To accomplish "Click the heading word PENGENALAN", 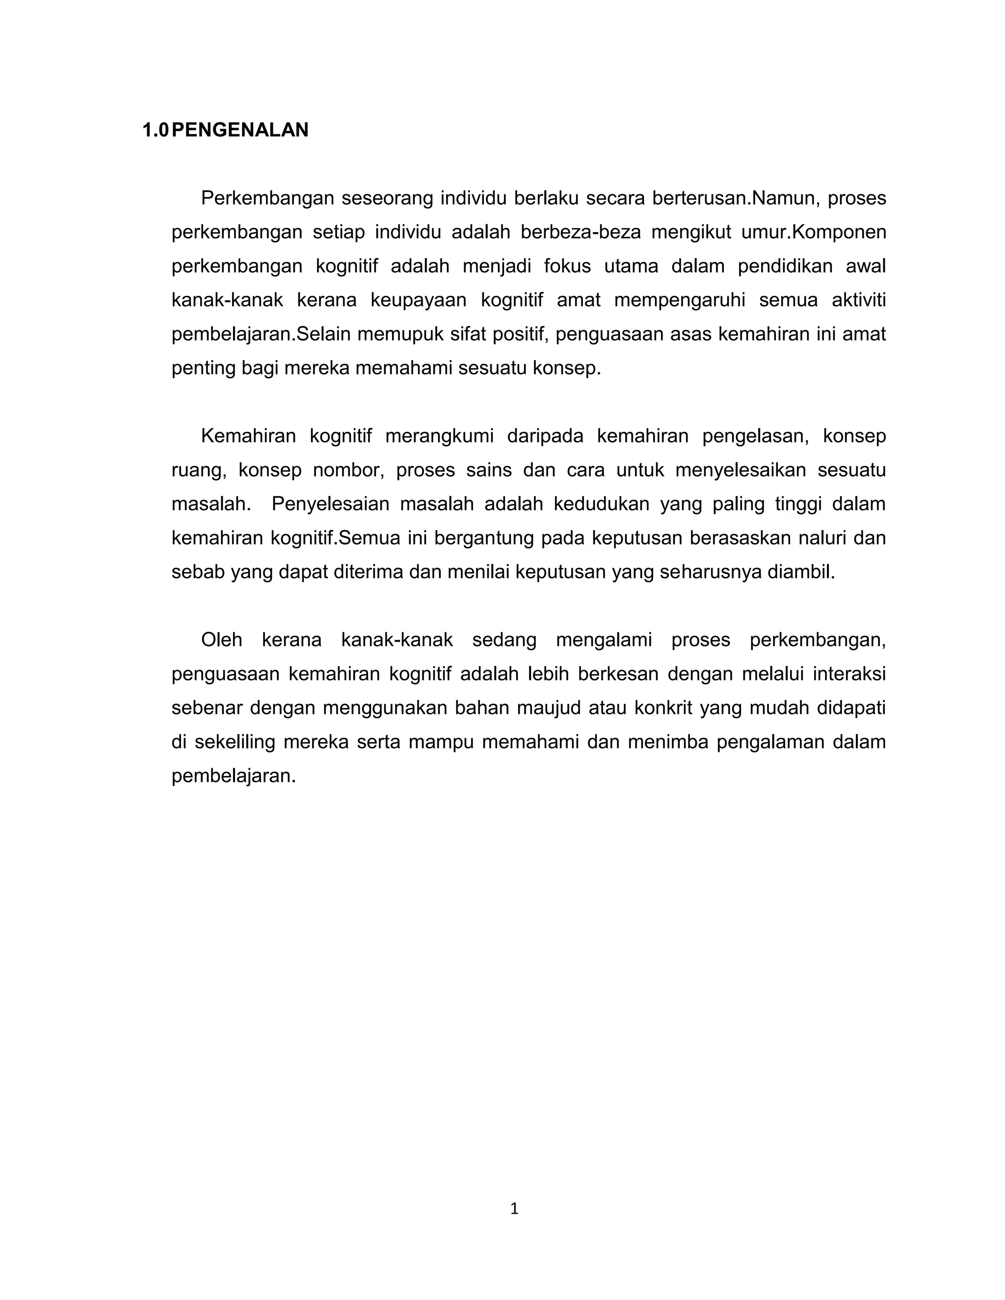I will [239, 130].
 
